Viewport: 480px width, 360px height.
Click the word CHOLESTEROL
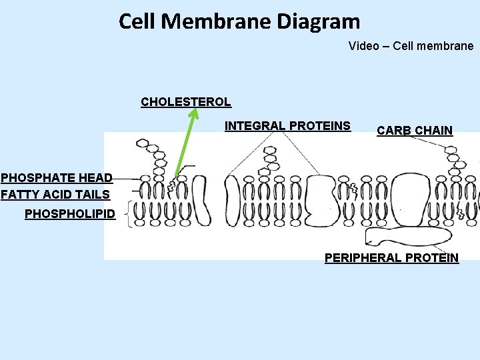coord(185,102)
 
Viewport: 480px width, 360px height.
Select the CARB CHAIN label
coord(414,131)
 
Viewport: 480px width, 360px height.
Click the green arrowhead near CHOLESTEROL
coord(193,114)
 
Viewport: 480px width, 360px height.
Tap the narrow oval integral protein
coord(232,201)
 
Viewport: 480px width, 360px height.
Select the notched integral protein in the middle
coord(325,201)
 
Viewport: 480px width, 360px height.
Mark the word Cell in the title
coord(137,21)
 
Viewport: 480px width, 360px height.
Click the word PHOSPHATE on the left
coord(39,178)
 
